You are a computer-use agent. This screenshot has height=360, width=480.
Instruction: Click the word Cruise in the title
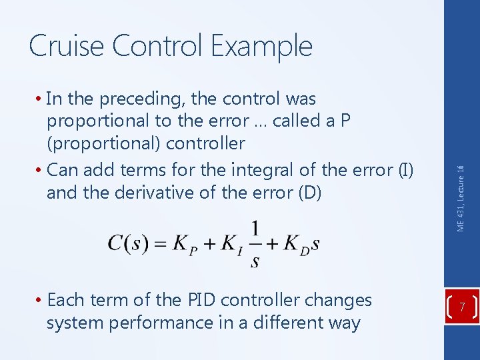[67, 46]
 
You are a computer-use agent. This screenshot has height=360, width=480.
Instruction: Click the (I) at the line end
[405, 170]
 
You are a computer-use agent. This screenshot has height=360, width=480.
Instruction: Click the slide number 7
[463, 307]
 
